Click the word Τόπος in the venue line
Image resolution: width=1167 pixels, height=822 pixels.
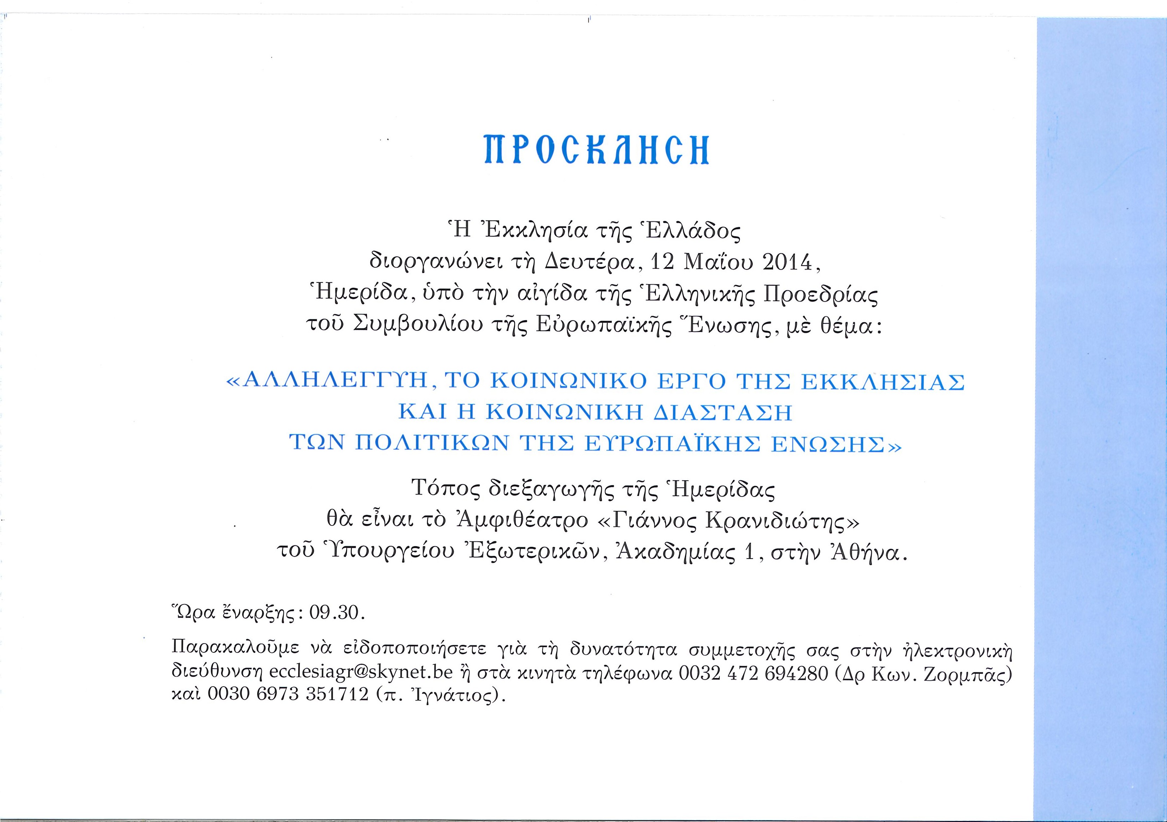click(x=446, y=490)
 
